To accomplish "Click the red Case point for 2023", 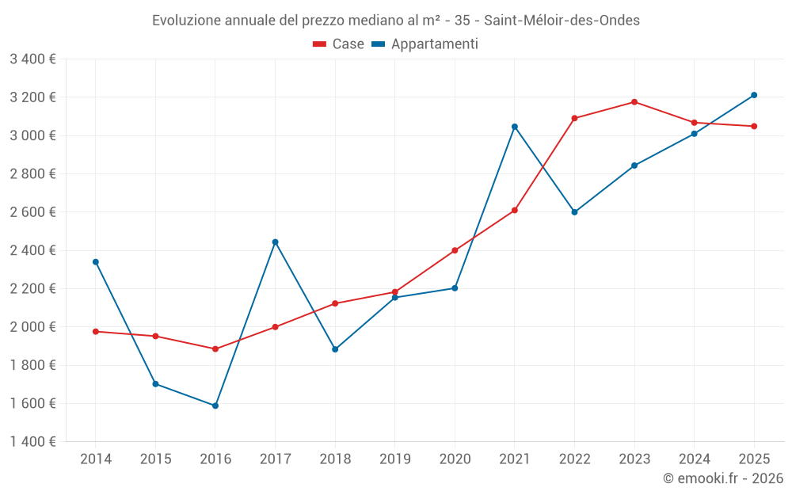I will [x=634, y=102].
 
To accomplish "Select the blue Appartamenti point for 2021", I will [x=515, y=127].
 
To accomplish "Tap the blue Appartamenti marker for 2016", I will [x=215, y=406].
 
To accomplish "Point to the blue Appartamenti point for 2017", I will [x=275, y=242].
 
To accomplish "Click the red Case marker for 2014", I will [x=96, y=331].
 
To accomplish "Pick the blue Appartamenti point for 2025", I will [x=754, y=95].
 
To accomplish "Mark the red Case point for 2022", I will [x=574, y=118].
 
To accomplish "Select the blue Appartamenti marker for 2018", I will [x=335, y=349].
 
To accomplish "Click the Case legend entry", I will [x=339, y=44].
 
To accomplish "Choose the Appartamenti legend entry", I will [x=425, y=44].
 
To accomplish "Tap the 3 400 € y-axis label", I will [x=32, y=59].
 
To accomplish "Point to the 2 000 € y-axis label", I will [x=32, y=327].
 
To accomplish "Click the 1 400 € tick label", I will [x=32, y=442].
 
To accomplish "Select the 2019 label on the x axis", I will [x=395, y=459].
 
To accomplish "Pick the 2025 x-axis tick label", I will [x=754, y=459].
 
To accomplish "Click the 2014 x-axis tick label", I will [x=96, y=459].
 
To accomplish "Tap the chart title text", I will [x=396, y=21].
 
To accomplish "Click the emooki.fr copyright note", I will [x=722, y=478].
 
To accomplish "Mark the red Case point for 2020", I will [x=455, y=250].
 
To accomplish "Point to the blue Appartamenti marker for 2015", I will [x=155, y=384].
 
